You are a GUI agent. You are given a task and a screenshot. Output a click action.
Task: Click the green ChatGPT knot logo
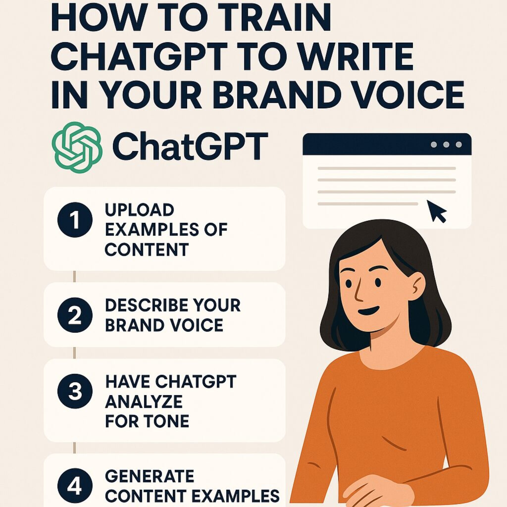(x=77, y=147)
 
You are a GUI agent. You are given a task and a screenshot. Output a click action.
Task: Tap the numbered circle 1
(x=75, y=220)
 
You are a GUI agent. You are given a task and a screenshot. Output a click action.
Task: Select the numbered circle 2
(x=75, y=316)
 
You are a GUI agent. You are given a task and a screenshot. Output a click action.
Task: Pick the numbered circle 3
(x=75, y=391)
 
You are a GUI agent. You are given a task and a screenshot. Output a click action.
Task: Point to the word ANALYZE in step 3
(x=144, y=402)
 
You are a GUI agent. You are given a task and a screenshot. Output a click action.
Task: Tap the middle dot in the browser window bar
(x=446, y=145)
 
